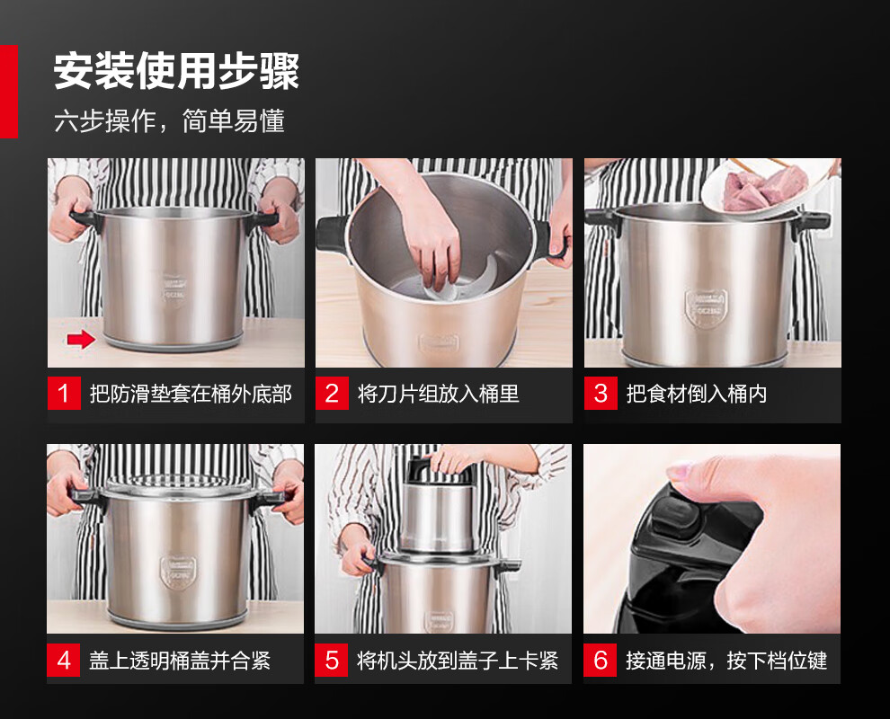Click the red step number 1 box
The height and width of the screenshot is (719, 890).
point(64,394)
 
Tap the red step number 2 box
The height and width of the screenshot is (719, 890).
point(332,394)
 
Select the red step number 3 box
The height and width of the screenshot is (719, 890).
point(601,394)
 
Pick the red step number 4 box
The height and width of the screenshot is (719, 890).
point(64,660)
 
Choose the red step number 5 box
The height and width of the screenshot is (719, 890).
point(332,660)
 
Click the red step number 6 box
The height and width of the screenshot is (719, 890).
point(600,660)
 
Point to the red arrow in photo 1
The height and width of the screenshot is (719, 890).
point(81,340)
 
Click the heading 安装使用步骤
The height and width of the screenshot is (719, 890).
point(176,71)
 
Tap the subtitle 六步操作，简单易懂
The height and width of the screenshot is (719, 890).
point(169,120)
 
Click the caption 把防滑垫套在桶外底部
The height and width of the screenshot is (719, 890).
point(191,394)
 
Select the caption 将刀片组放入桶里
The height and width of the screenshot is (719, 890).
point(438,394)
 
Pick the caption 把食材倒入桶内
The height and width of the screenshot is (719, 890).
point(697,394)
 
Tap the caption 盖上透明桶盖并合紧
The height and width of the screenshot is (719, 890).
point(180,661)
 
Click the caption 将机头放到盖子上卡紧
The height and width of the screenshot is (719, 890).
point(458,661)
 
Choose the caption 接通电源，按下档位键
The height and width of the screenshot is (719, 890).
point(726,661)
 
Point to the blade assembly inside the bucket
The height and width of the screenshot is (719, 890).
point(454,284)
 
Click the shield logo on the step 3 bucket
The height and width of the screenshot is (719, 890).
point(706,308)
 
